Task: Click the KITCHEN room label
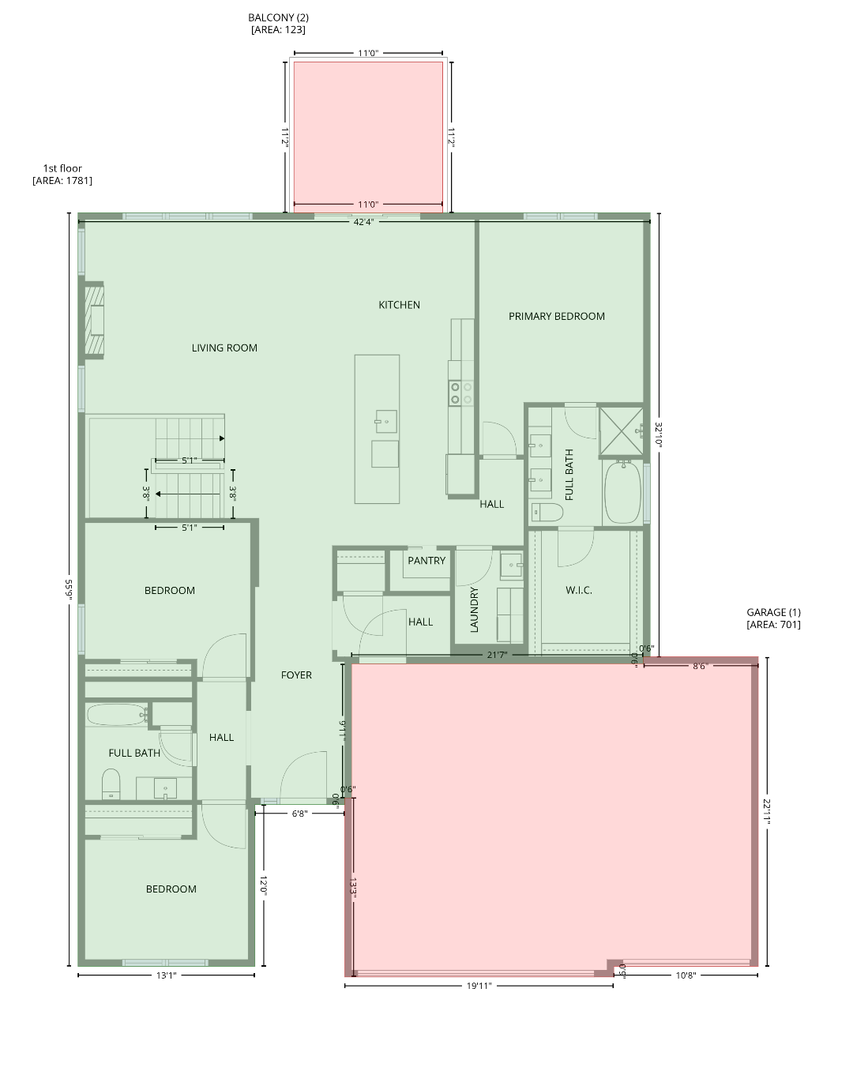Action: tap(399, 305)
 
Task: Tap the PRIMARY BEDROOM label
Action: tap(557, 316)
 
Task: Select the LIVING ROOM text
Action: tap(224, 348)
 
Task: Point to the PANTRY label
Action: tap(426, 561)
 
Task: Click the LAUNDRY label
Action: tap(475, 610)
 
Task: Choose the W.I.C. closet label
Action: tap(579, 590)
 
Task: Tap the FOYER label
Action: tap(296, 675)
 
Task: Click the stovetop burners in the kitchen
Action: tap(461, 393)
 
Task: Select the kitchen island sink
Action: tap(386, 421)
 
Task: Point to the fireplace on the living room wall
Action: tap(95, 321)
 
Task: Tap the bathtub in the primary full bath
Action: tap(622, 492)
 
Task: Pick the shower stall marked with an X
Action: tap(621, 431)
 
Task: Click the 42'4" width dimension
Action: tap(363, 222)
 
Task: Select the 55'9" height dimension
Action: tap(70, 589)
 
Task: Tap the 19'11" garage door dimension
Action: tap(479, 985)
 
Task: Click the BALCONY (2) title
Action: tap(278, 17)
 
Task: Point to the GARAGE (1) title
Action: tap(773, 612)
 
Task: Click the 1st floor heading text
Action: tap(62, 168)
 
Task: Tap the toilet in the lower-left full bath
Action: tap(111, 784)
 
